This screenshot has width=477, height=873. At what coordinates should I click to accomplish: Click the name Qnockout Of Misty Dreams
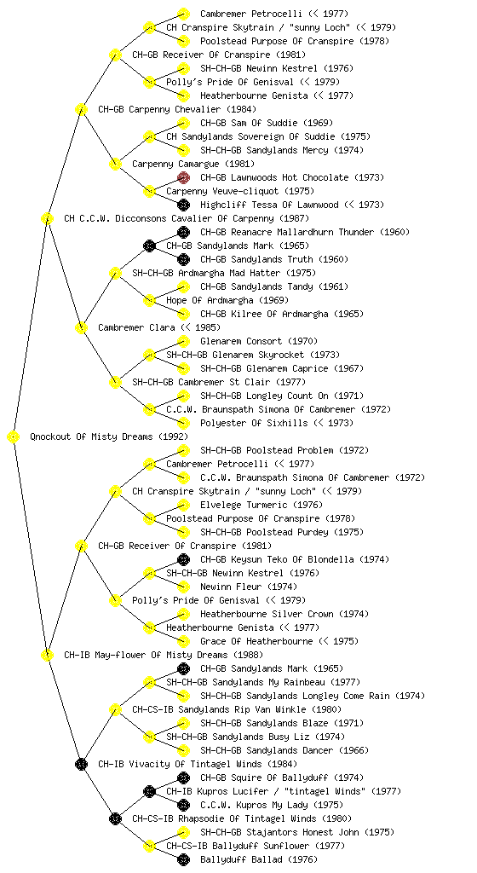92,436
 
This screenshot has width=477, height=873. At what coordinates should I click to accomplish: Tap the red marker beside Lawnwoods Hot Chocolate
183,177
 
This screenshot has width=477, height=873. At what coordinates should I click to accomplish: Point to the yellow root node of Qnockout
14,437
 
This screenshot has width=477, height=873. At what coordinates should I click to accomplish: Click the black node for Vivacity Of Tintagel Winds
81,764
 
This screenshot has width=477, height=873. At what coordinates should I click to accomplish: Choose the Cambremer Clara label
136,327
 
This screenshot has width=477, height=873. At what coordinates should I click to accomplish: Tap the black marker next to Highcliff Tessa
183,205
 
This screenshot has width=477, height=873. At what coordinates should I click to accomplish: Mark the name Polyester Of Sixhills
254,423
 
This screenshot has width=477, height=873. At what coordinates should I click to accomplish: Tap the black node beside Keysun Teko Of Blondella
183,559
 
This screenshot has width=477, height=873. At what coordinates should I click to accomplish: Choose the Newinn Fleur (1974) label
249,587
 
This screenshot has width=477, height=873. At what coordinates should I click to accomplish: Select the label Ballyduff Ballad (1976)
258,859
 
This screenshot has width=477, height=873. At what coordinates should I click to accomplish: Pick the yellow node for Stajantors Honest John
183,832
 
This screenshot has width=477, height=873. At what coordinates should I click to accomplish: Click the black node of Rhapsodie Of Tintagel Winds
115,818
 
